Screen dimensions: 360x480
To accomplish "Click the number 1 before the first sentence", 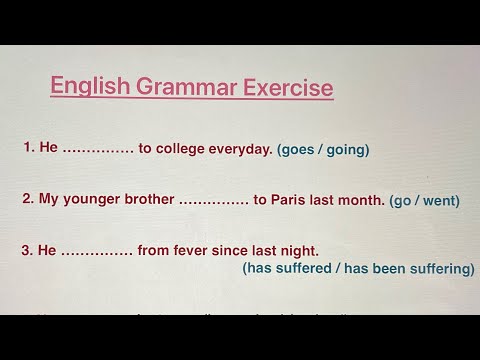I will [27, 148].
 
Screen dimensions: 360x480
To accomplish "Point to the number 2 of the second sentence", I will [27, 199].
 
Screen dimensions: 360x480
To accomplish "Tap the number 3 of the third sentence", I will [27, 250].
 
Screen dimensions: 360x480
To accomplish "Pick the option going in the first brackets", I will [348, 150].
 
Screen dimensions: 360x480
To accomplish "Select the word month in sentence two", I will [362, 199].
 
